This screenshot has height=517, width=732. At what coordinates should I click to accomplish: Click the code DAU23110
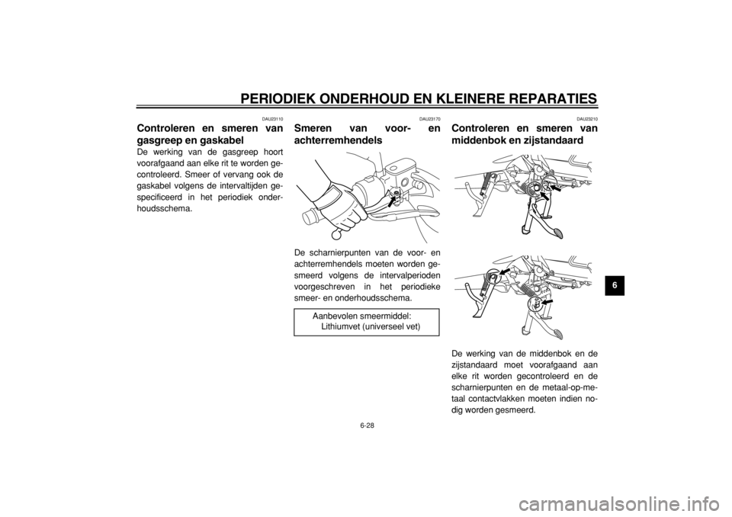pos(272,119)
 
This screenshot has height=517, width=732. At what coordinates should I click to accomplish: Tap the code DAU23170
pos(429,119)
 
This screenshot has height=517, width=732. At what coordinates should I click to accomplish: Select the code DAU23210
pos(587,119)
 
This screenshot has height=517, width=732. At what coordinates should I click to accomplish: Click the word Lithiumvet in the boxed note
pos(340,326)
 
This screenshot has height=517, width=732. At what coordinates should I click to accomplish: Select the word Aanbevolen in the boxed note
pos(332,316)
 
